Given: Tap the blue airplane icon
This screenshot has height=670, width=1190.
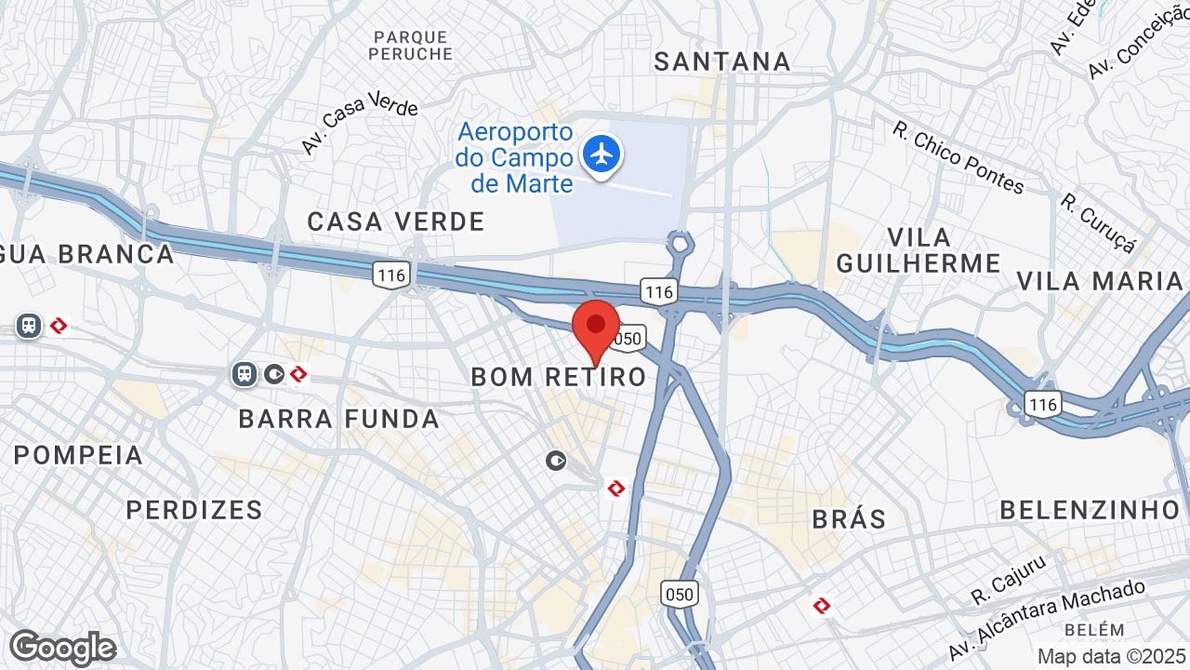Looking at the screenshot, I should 602,153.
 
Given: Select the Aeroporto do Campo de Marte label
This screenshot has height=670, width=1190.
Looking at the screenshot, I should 514,158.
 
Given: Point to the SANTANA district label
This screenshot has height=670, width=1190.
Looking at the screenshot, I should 721,62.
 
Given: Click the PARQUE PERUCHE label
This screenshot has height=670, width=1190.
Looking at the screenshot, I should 410,46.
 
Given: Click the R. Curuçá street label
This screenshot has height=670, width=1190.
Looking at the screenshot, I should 1098,222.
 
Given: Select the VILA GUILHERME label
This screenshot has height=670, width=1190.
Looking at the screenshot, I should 919,250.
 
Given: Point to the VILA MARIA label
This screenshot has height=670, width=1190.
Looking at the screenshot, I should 1099,281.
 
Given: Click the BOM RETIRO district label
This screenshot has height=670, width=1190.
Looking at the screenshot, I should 558,377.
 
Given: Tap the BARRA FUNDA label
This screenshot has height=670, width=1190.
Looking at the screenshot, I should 338,419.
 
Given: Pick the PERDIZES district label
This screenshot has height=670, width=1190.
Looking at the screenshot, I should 194,510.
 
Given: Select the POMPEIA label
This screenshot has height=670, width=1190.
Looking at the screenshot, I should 79,456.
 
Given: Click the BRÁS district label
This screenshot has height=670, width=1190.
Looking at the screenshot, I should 849,518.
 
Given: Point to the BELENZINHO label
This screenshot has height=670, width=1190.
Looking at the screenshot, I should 1090,510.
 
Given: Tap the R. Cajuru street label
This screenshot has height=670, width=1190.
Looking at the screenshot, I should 1009,578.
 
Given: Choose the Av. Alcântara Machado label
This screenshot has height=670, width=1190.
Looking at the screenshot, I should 1047,619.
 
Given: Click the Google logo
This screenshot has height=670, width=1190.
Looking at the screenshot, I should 62,648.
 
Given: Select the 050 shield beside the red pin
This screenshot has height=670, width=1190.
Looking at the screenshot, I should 628,339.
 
